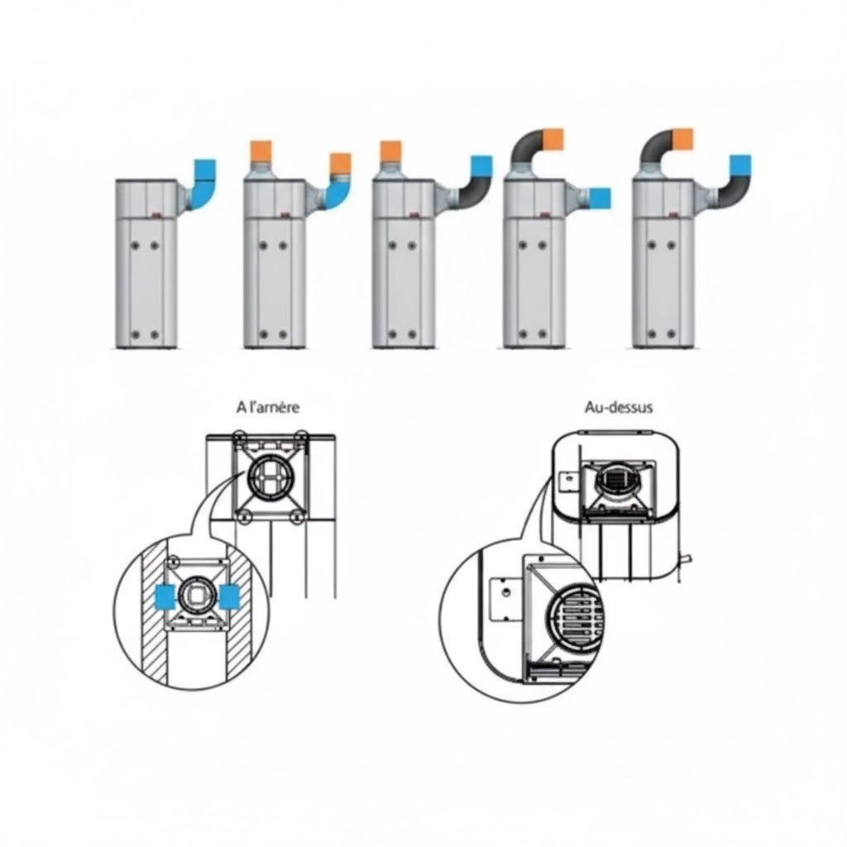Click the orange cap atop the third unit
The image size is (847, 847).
click(390, 151)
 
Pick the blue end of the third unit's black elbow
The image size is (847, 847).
click(481, 166)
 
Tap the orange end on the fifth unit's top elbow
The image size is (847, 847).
click(683, 139)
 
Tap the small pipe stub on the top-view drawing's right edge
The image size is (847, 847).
click(687, 559)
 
